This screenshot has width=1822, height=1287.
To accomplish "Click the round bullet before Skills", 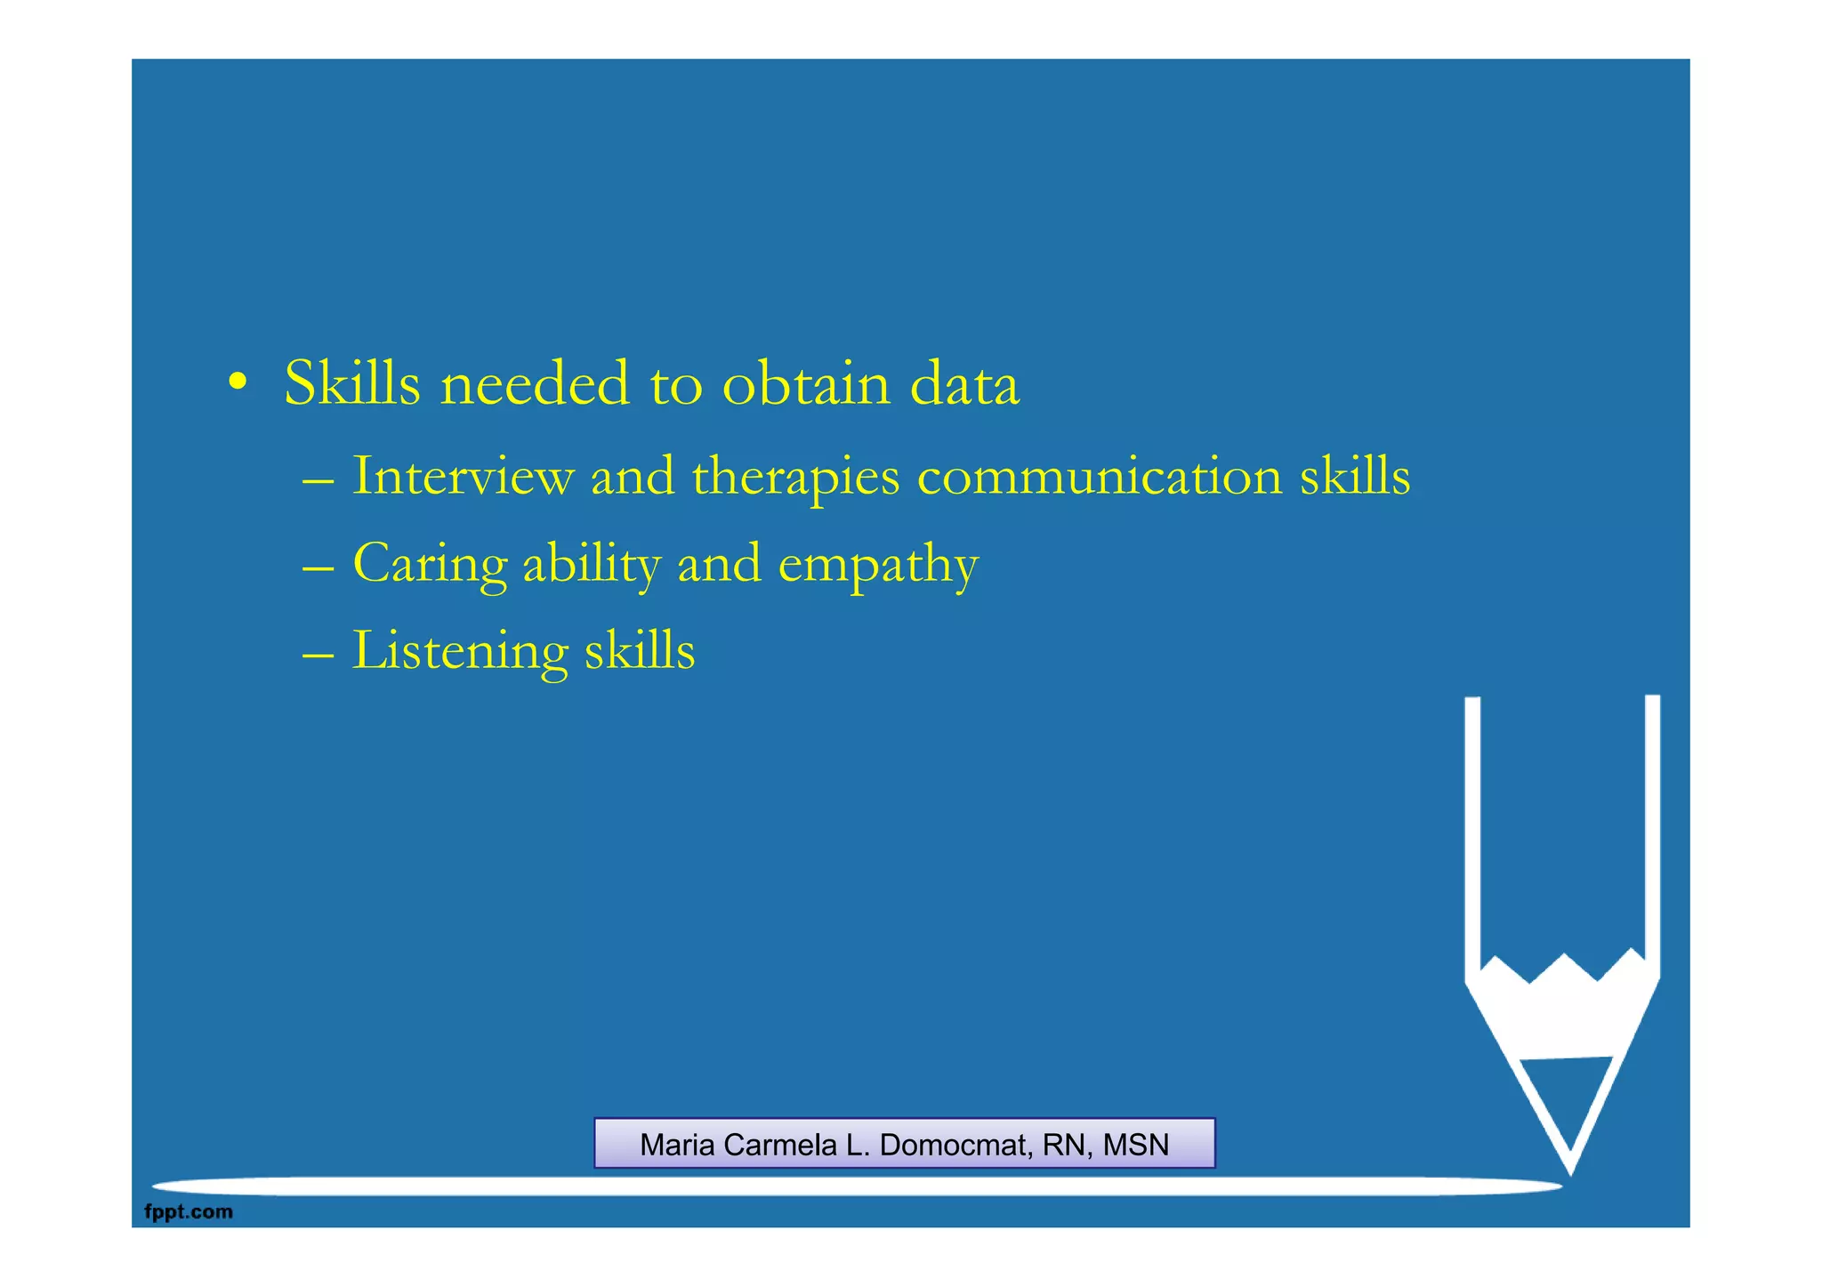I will [237, 383].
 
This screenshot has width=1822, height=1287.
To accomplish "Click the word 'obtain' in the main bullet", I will [806, 384].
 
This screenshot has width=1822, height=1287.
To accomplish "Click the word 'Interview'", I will [464, 476].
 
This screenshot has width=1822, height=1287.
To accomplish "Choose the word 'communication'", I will [1100, 476].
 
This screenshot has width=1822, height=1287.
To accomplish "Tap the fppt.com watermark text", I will [189, 1211].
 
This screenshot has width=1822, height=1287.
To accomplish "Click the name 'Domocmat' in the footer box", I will [955, 1145].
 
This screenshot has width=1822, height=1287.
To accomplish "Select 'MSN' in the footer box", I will [1136, 1145].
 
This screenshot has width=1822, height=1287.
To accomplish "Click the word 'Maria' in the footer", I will [679, 1145].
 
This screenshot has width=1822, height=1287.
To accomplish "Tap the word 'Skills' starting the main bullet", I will [352, 384].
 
